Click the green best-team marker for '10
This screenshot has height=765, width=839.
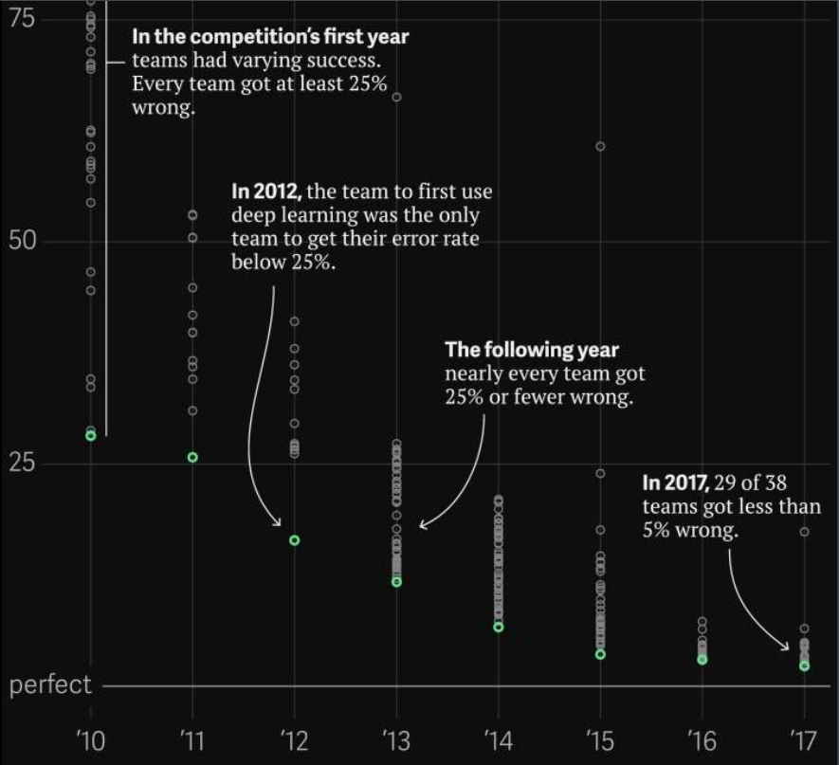pos(91,435)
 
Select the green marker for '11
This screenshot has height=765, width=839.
pos(192,457)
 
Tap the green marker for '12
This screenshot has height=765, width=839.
pos(295,540)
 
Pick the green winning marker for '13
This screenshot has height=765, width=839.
pos(396,582)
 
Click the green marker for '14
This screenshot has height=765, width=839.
pos(499,628)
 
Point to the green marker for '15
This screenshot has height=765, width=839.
pos(600,655)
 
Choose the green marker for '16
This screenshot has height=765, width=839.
pos(702,660)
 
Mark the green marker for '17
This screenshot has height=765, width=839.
pos(804,666)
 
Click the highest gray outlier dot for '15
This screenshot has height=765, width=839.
pos(600,146)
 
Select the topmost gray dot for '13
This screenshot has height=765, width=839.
pos(396,98)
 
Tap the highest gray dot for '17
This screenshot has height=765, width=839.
pos(804,532)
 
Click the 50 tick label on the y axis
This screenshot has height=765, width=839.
pos(23,240)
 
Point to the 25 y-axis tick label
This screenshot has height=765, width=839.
pos(23,464)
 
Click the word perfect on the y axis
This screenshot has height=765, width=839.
pos(50,685)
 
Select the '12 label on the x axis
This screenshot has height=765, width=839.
pos(295,739)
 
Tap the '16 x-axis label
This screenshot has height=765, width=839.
pos(702,739)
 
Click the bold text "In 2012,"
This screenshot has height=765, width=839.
pos(266,192)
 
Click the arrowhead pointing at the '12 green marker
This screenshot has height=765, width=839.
pos(278,522)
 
